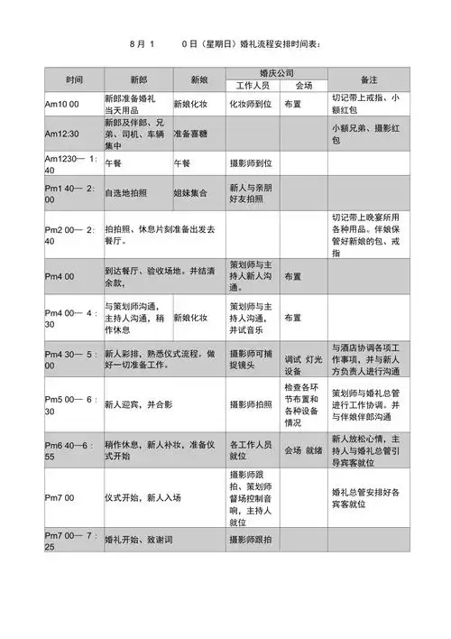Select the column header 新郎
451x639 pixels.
click(x=138, y=78)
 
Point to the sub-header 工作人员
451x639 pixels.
click(x=252, y=86)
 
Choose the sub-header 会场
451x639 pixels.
click(x=303, y=86)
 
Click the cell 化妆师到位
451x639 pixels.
click(x=250, y=104)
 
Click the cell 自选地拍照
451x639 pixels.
click(x=126, y=192)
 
